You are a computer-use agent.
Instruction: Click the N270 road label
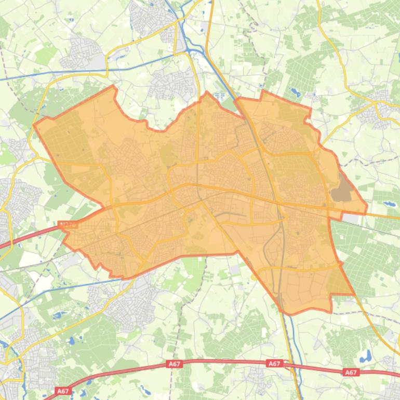tap(68, 225)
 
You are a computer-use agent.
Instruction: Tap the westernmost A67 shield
tap(63, 391)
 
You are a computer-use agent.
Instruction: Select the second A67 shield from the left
tap(175, 364)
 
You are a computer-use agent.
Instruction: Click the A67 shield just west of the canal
tap(274, 364)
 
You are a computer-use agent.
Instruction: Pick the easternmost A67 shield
tap(351, 372)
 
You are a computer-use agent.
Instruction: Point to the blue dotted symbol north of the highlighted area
tap(219, 95)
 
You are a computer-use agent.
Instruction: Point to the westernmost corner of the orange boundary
tap(34, 125)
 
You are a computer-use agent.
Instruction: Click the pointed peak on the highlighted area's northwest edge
tap(113, 86)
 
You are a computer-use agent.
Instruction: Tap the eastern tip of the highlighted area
tap(367, 211)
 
